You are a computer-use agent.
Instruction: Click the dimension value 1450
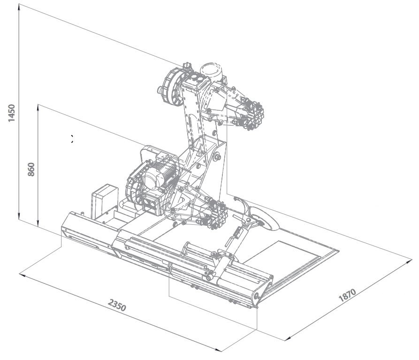pos(12,113)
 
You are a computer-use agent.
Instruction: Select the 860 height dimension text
pos(31,169)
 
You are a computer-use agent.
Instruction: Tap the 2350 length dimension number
pos(117,305)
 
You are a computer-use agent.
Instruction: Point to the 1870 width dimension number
pos(347,295)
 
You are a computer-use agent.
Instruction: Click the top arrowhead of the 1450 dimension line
pos(19,8)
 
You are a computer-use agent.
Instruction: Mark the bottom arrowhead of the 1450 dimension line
pos(19,216)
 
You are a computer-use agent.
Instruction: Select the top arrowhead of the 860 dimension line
pos(38,107)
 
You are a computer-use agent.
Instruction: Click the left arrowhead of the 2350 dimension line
pos(23,275)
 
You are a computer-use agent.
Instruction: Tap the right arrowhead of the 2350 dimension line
pos(218,350)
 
